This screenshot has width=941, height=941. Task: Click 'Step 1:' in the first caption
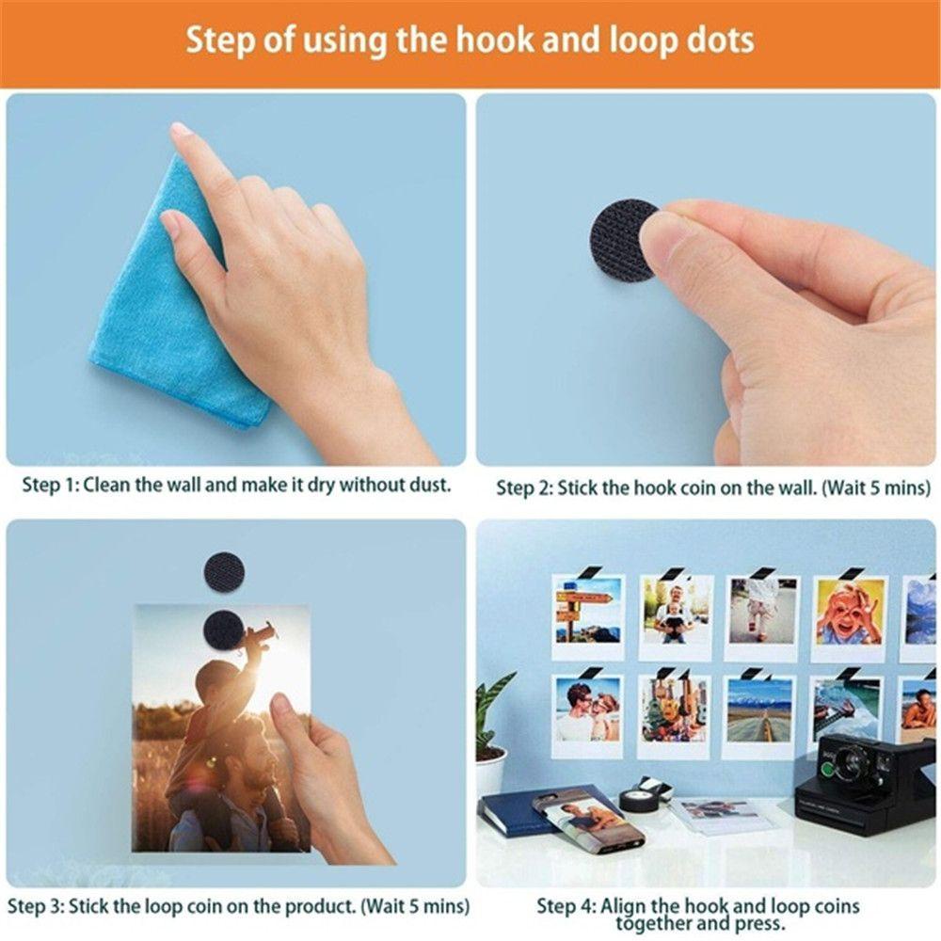click(50, 485)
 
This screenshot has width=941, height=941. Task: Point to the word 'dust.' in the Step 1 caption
click(430, 485)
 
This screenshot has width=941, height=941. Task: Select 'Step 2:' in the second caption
click(524, 488)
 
